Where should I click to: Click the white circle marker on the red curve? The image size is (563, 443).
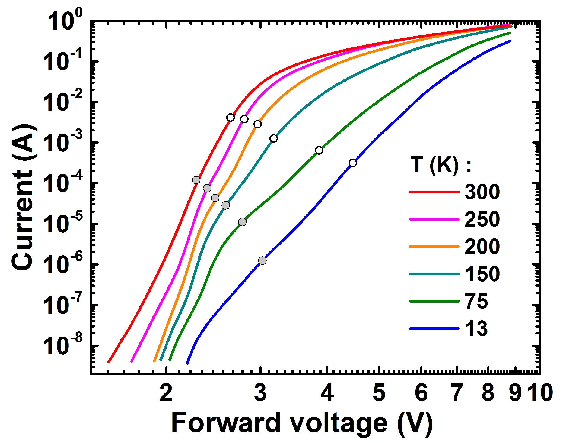(230, 118)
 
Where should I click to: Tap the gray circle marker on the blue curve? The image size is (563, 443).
(262, 261)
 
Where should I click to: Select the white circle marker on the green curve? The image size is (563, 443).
(319, 150)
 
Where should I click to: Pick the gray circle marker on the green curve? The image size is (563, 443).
(243, 222)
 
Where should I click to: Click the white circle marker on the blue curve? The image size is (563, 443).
(353, 163)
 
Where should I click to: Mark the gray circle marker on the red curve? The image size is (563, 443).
(196, 180)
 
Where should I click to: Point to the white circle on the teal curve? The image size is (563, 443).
(274, 138)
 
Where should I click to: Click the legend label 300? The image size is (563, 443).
(482, 192)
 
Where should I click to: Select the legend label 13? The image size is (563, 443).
(476, 328)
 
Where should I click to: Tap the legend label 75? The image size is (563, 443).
(476, 301)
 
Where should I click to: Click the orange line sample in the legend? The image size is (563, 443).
(434, 247)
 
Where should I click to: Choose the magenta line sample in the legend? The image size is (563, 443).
(434, 219)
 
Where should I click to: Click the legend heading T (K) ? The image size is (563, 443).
(441, 164)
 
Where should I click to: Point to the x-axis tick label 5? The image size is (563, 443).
(379, 393)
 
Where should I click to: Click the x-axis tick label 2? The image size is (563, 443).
(166, 393)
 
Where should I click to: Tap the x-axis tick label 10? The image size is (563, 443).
(542, 393)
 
